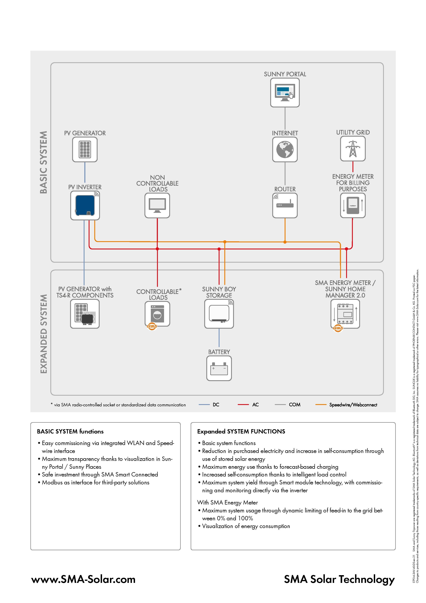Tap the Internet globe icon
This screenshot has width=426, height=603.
point(285,149)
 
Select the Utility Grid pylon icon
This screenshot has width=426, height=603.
point(353,149)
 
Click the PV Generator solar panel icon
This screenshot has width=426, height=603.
point(85,149)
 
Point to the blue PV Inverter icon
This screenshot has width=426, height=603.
point(85,205)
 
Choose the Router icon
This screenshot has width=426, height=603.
point(285,205)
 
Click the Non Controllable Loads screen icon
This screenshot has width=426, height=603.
point(157,205)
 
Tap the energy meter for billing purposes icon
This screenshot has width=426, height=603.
point(353,205)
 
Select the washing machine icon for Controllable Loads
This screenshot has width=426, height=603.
point(157,314)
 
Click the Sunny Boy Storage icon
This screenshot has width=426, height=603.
point(219,314)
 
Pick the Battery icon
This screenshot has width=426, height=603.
point(219,368)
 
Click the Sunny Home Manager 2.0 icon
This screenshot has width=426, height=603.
point(345,314)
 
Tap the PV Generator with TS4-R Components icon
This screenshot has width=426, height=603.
point(85,314)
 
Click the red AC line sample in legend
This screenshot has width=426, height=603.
point(243,405)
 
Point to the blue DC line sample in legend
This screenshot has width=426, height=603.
point(204,405)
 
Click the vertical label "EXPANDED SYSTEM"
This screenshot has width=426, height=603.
point(44,334)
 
